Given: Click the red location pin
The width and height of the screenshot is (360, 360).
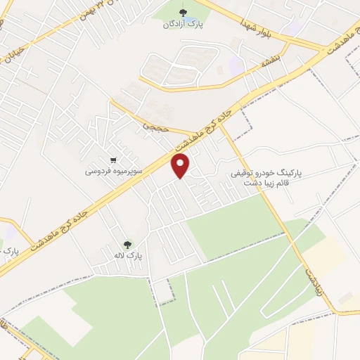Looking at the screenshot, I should point(181,166).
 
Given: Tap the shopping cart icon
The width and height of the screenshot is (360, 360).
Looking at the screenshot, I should point(114,160).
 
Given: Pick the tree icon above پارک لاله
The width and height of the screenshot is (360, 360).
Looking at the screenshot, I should point(127,245).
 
